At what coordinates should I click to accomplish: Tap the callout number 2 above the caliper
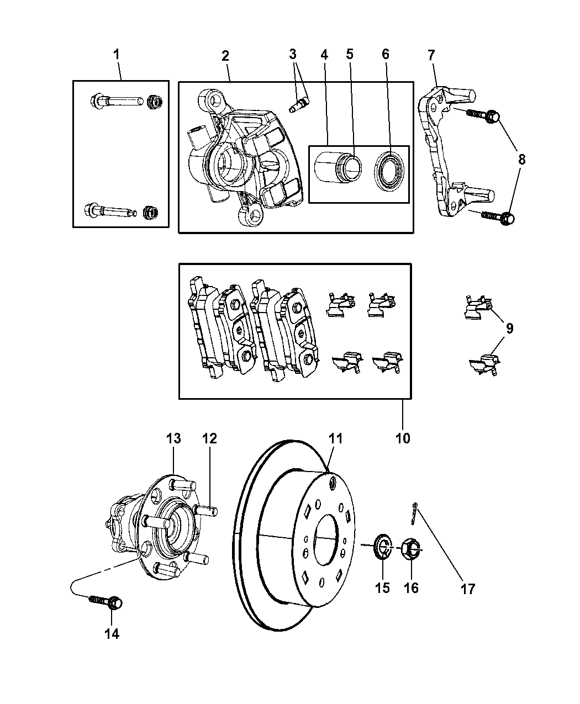pos(225,55)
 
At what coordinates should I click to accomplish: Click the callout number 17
pos(467,589)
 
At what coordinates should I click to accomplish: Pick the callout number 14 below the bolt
pos(112,634)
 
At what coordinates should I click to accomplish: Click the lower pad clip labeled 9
pos(482,365)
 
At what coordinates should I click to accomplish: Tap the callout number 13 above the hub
pos(173,438)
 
